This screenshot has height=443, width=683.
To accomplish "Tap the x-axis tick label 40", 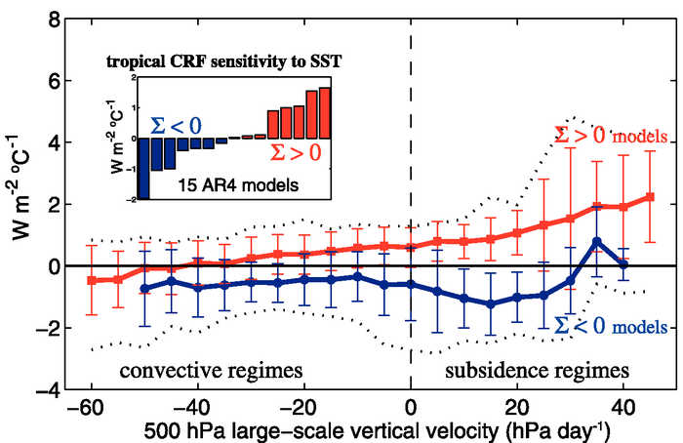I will click(623, 407).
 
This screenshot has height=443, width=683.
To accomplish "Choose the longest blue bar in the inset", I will click(143, 168).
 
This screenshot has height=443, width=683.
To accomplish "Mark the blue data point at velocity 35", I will click(597, 242).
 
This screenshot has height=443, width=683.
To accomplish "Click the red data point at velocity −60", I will click(92, 280).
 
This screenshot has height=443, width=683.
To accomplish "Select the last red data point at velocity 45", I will click(650, 197).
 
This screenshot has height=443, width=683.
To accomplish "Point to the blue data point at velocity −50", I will click(145, 289).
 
